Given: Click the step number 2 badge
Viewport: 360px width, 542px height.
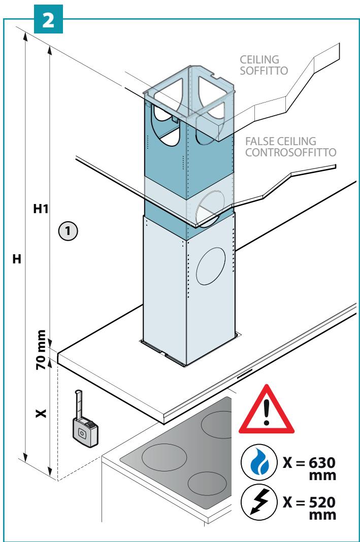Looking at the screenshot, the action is point(48,19).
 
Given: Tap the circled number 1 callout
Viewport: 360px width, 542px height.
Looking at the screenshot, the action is point(68,230).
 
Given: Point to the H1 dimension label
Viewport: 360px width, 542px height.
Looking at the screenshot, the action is point(41,209).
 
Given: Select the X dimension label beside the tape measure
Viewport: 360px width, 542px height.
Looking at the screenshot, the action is point(41,413).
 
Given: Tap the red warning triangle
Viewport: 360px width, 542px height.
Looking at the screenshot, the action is point(266,410).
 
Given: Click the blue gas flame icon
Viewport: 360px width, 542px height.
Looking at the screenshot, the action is point(259,463).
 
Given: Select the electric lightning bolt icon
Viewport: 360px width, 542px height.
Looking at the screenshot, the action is point(259,502).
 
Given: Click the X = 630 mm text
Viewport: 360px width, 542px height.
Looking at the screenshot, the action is point(309,469).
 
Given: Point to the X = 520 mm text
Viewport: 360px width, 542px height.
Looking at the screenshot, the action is point(309,508).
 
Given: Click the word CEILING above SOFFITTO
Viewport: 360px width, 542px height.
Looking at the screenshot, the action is point(259,59).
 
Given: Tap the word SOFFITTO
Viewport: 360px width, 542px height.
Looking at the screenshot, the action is point(264,71).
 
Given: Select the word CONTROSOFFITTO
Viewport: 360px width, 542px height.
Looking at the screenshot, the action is point(291,152).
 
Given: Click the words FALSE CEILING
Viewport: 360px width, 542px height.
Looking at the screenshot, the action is point(281,141).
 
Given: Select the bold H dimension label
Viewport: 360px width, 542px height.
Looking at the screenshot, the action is point(17,259).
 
